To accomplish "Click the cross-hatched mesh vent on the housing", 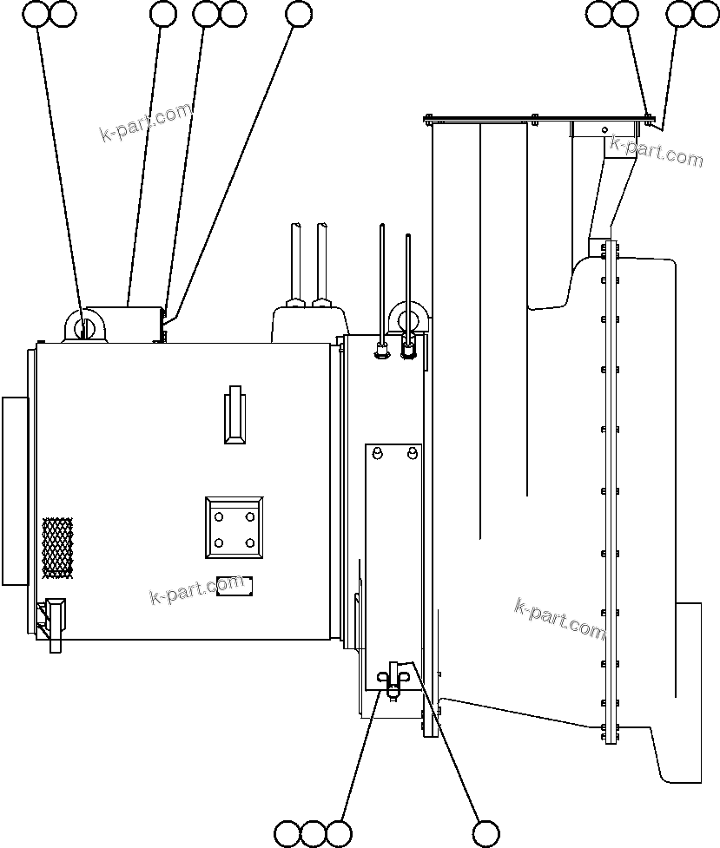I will click(x=57, y=548).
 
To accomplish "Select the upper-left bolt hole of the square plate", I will click(x=219, y=517).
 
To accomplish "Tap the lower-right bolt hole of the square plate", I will click(x=250, y=543).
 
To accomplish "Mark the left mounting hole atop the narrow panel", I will click(x=378, y=454).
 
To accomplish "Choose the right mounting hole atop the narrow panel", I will click(x=411, y=454).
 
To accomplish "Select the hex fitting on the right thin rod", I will click(x=407, y=352).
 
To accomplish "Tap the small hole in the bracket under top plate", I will click(x=604, y=130).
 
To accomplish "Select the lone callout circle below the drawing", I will click(x=486, y=833).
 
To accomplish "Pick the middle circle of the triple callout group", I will click(x=314, y=833).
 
